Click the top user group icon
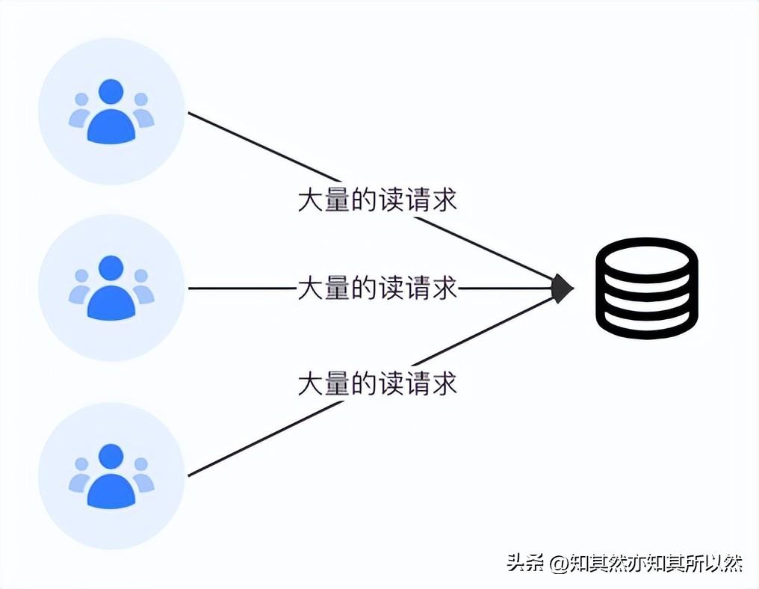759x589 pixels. (x=111, y=111)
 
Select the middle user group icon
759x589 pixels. (x=111, y=288)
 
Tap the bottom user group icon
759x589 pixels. (x=111, y=476)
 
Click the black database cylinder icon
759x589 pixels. (x=646, y=288)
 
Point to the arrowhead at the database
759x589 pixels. (x=562, y=288)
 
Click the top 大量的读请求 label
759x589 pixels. (x=377, y=200)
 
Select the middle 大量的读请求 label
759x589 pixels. (x=377, y=288)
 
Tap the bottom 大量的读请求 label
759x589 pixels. (x=377, y=383)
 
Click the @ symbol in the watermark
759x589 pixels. (x=559, y=563)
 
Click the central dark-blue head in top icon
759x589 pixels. (x=111, y=91)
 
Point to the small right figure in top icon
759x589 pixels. (x=142, y=111)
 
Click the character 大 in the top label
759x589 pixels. (x=310, y=200)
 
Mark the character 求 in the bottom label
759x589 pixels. (x=444, y=383)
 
